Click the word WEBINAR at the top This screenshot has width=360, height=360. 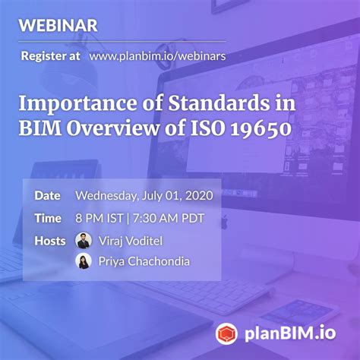click(58, 25)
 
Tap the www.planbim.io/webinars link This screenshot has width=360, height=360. click(157, 55)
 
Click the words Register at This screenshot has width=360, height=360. click(50, 55)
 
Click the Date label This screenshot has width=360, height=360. click(47, 195)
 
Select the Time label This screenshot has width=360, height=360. click(47, 219)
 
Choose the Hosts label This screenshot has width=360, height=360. click(50, 241)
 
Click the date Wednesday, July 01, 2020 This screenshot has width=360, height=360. click(143, 195)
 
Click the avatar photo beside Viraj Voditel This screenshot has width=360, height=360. click(84, 241)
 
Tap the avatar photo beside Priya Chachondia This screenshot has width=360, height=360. click(84, 261)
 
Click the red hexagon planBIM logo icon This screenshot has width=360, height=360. click(226, 332)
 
